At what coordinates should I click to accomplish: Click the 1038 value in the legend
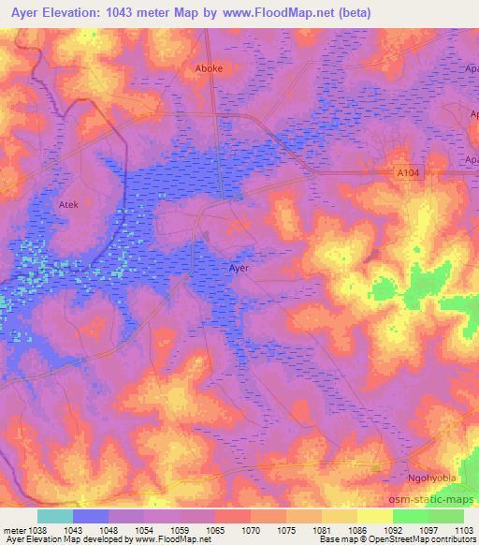coord(36,529)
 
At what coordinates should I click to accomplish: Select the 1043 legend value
coord(73,529)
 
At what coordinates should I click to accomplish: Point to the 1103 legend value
coord(464,529)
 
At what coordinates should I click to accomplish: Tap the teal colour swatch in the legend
coord(55,516)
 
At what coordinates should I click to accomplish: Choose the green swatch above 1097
coord(412,516)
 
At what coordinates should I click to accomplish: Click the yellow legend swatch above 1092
coord(375,516)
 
